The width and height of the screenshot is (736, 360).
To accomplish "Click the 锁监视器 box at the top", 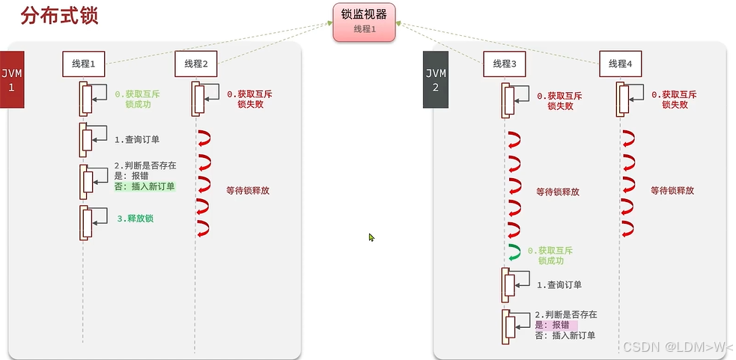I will coord(364,21).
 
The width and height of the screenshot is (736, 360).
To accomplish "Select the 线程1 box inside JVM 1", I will coord(83,64).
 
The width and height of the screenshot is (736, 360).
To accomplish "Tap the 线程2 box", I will coord(195,64).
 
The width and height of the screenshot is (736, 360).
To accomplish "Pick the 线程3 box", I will coord(505,64).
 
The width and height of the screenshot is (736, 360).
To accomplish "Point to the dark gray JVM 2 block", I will coord(435,80).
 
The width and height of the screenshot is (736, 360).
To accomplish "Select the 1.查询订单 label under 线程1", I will coord(137,139).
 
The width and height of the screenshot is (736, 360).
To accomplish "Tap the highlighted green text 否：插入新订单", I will coord(144,186).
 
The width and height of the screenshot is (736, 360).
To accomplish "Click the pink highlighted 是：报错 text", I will coord(552,325).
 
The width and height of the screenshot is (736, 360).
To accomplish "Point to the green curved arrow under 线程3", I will coord(514,252).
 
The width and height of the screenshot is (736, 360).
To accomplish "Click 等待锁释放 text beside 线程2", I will coord(247,190).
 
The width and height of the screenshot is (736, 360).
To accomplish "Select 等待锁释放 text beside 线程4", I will coord(672,190).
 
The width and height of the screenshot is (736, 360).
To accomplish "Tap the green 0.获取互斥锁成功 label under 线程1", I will coord(137,100).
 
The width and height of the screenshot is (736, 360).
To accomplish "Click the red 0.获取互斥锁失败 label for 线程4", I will coord(674,100).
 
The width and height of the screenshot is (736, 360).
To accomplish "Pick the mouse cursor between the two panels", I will coord(371,237).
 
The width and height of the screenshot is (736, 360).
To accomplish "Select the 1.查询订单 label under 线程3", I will coord(559,284).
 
